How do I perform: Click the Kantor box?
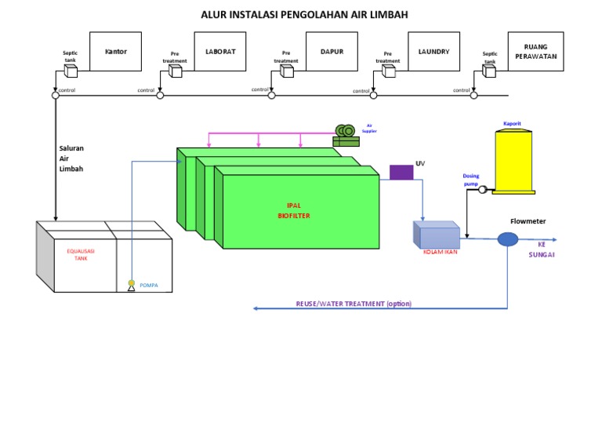115,52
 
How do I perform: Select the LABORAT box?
220,52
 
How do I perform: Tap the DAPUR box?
332,52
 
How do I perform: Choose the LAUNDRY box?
433,52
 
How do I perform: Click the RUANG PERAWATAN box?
535,52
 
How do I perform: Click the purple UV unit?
401,172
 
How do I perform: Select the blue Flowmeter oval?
508,238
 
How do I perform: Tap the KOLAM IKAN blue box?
437,235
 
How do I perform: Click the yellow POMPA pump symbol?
132,285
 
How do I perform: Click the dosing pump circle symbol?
482,189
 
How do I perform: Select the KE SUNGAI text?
541,249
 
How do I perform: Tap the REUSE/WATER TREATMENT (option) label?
354,304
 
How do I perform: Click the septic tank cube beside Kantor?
71,71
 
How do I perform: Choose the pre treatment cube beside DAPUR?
287,71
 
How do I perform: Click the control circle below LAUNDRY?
373,96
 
